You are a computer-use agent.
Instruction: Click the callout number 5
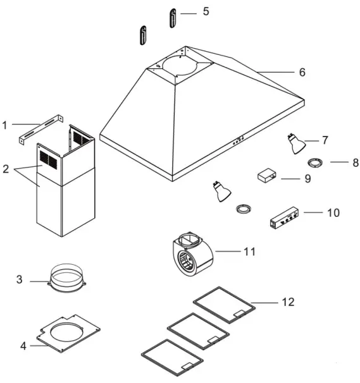tap(206, 12)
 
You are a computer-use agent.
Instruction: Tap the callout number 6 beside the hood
tap(302, 72)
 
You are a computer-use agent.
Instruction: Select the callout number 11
tap(249, 252)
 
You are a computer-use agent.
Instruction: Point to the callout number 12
tap(287, 303)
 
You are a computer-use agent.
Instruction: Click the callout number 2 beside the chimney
tap(6, 169)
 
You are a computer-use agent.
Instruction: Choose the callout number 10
tap(333, 212)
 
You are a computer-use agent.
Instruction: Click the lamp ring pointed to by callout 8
tap(315, 163)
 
